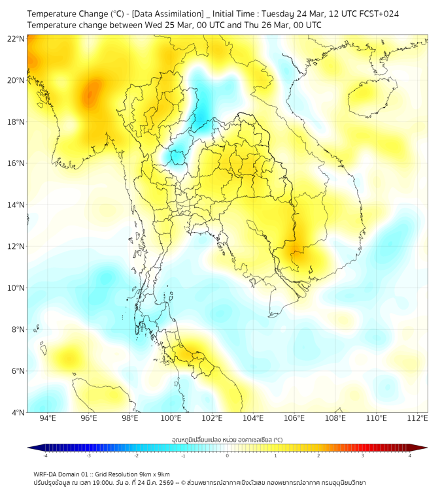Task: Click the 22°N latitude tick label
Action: [16, 39]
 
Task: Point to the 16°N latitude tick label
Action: [16, 163]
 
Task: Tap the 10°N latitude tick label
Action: [16, 288]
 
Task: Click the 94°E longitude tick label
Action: [48, 418]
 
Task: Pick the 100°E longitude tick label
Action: [171, 418]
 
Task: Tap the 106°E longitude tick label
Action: [294, 418]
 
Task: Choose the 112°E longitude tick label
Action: [417, 418]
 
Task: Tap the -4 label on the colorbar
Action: [44, 455]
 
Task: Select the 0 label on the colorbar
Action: [228, 455]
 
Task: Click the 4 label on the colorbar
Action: [410, 455]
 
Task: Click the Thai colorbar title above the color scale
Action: [227, 440]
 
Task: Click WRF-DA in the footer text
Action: [45, 474]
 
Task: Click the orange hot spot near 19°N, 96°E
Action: [92, 93]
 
